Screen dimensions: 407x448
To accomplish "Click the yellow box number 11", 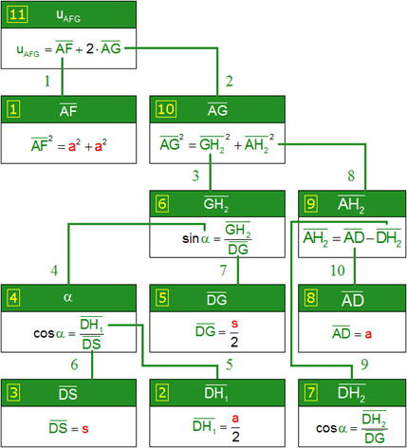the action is click(18, 15).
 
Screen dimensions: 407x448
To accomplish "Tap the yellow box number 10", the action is click(166, 109).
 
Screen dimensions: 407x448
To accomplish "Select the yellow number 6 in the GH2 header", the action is click(162, 204).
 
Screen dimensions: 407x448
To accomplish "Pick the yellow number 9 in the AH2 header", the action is click(311, 203).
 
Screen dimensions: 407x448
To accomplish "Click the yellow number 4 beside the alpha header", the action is click(14, 298).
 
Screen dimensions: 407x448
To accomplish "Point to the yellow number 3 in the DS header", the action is click(14, 393).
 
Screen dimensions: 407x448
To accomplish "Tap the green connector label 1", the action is click(47, 81).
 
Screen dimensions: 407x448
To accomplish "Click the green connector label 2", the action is click(230, 82).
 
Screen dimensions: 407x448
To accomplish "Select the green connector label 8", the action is click(351, 176).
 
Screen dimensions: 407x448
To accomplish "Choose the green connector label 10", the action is click(338, 271).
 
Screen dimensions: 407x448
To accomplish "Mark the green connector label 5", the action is click(230, 364).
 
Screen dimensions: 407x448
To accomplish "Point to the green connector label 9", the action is click(364, 364).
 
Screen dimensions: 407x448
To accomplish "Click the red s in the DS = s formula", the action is click(85, 429).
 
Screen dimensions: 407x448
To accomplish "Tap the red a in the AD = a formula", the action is click(368, 334).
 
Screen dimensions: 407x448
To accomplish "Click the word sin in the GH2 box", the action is click(191, 238).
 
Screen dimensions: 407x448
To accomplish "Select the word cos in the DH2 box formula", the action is click(326, 428).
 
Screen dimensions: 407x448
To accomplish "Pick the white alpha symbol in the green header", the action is click(67, 297).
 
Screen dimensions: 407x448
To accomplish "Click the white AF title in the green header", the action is click(68, 110).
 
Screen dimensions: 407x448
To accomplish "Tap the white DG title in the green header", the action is click(216, 299).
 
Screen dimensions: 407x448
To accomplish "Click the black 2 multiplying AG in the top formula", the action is click(90, 48).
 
